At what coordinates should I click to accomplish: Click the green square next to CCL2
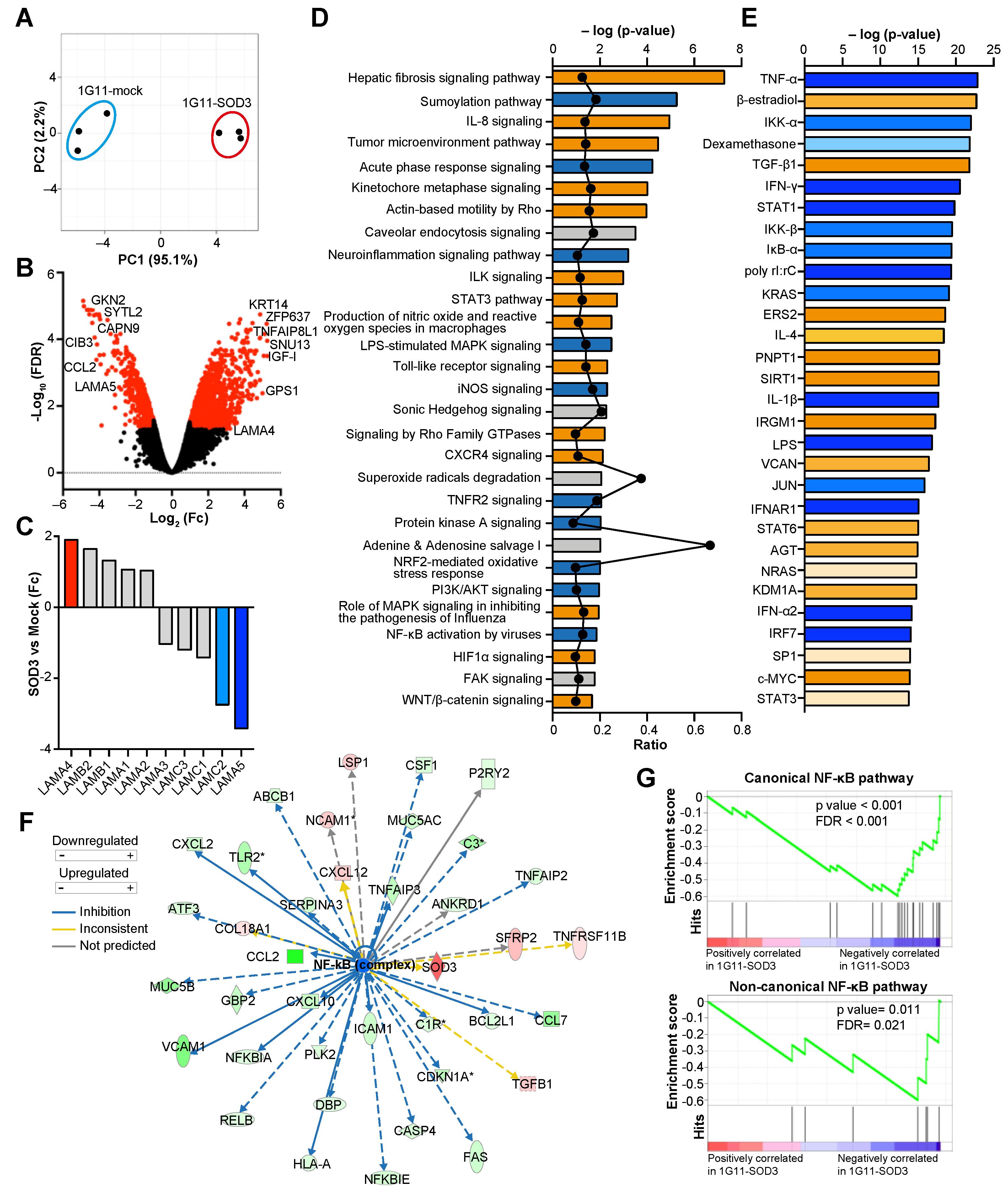295,956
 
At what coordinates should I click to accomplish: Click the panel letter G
646,778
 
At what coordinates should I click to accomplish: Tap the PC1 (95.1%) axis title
158,260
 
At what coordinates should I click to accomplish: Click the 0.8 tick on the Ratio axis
742,730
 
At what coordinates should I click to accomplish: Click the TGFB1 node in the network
531,1084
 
